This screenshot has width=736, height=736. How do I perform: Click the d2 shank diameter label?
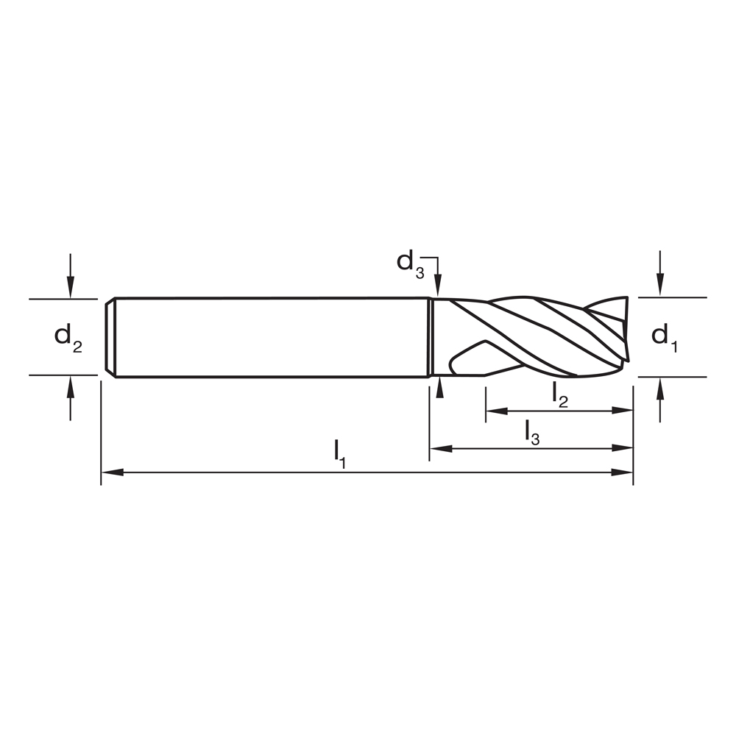click(68, 337)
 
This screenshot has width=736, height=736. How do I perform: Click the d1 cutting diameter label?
click(665, 337)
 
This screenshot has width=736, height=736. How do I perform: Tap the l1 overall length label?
click(339, 453)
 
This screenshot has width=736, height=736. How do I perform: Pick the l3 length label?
click(532, 432)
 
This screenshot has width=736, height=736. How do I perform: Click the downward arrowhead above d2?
click(70, 289)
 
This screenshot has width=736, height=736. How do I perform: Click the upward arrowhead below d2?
click(70, 385)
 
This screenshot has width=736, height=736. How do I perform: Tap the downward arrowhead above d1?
click(660, 287)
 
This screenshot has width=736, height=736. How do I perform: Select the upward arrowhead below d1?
click(660, 387)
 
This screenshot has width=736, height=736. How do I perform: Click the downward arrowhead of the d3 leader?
click(439, 288)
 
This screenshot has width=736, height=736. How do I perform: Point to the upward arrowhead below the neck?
click(439, 387)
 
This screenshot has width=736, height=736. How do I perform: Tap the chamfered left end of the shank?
click(110, 337)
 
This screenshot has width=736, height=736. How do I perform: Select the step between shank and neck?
click(431, 337)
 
